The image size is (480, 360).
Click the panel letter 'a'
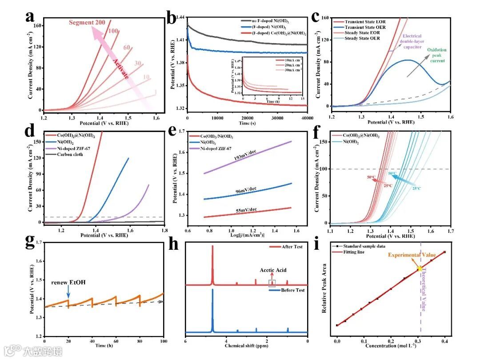30,16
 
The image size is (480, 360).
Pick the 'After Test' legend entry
292,247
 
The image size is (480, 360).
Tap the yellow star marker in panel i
420,268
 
